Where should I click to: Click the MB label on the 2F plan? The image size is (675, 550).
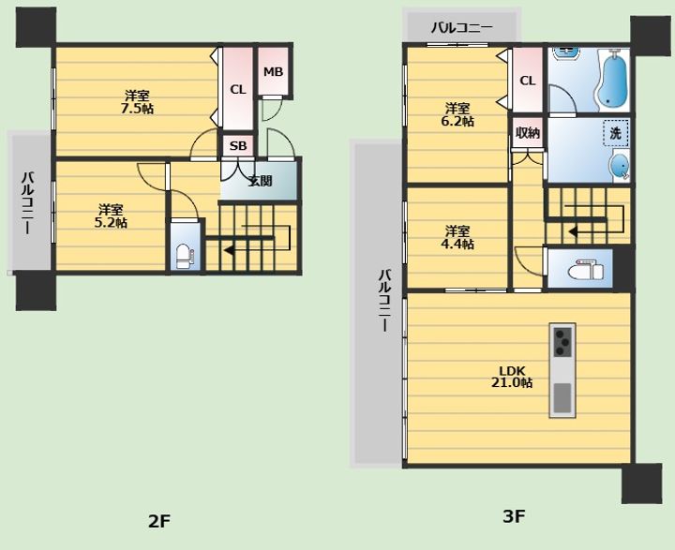[x=274, y=72]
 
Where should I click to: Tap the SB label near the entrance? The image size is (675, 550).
[x=238, y=146]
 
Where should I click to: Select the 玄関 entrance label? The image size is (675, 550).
[x=260, y=181]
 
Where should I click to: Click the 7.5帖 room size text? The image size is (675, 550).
[x=137, y=109]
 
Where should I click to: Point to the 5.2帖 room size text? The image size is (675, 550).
[x=111, y=223]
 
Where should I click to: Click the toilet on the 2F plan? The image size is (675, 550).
[x=185, y=255]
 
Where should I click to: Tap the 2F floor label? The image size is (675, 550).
[x=159, y=522]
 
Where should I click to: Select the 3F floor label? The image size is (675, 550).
[x=514, y=516]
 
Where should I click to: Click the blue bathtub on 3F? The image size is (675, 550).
[x=613, y=80]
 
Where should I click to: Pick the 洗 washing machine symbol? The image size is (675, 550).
[x=616, y=133]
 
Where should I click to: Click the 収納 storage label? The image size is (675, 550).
[x=527, y=133]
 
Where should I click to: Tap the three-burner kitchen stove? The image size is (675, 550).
[x=562, y=342]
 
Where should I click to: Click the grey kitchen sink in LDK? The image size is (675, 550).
[x=562, y=397]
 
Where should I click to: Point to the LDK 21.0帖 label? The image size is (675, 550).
[x=512, y=377]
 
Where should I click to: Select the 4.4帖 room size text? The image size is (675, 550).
[x=457, y=244]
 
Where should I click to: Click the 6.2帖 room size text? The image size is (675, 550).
[x=457, y=122]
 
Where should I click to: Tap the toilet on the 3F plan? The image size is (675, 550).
[x=585, y=271]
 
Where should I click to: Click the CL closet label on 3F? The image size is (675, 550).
[x=528, y=81]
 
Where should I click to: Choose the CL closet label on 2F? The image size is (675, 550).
[x=237, y=90]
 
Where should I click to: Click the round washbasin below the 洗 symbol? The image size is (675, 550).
[x=620, y=166]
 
